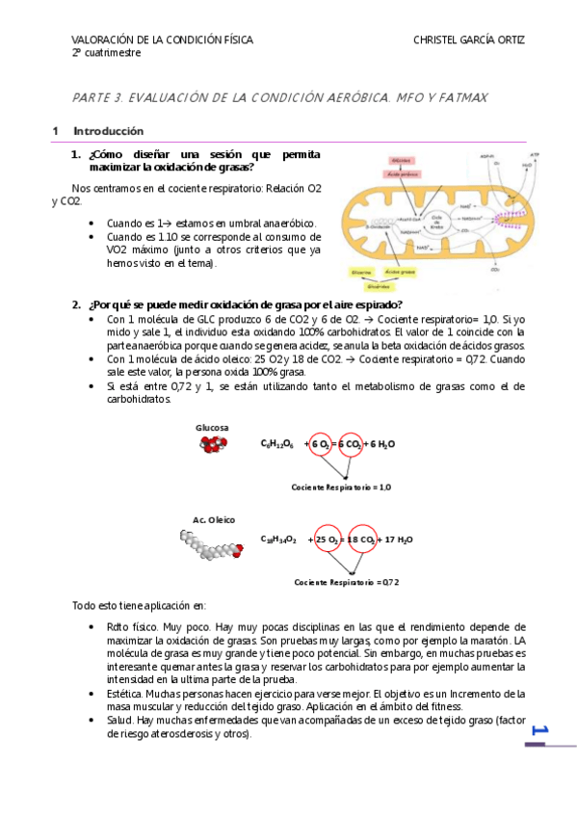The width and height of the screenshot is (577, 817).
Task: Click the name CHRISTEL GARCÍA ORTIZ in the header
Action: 468,40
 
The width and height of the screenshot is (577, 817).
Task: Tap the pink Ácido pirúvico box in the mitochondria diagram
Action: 397,174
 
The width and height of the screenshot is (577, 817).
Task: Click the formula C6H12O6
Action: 276,444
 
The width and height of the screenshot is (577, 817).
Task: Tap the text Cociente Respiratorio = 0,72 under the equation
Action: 347,582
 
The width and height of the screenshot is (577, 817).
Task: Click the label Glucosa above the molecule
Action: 212,427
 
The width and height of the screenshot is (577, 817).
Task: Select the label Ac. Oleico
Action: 213,519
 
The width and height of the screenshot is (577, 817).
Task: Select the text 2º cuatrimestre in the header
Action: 106,53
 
